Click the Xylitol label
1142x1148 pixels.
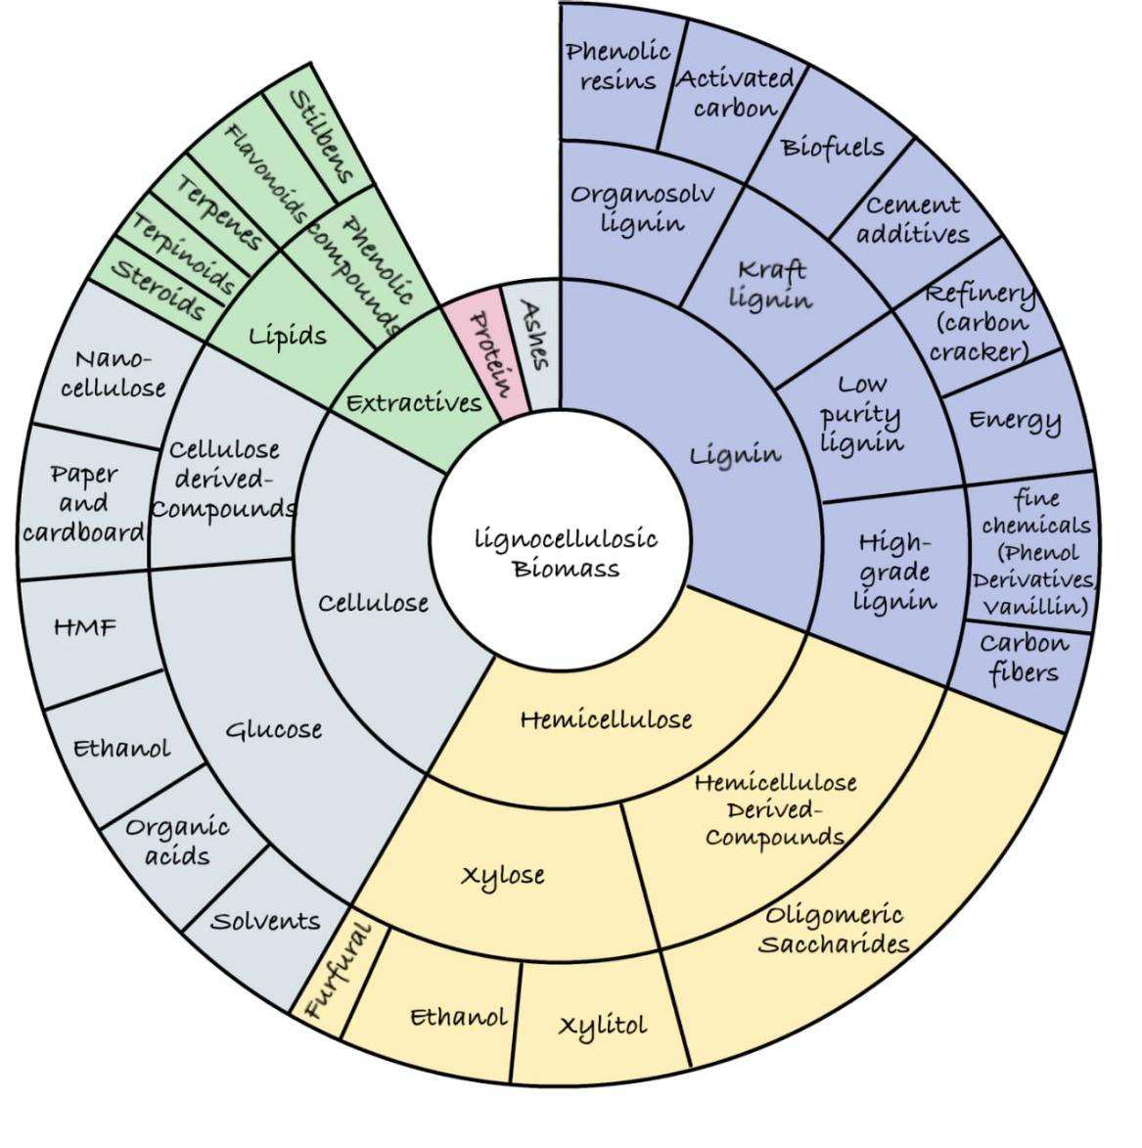(x=602, y=1025)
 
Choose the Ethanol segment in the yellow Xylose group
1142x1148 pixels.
(x=457, y=1016)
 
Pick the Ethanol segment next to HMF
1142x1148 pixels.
(x=121, y=749)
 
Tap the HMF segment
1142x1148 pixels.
(x=85, y=626)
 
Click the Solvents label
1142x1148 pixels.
(x=265, y=921)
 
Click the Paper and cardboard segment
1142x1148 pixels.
(x=84, y=503)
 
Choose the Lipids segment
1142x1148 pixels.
(x=286, y=336)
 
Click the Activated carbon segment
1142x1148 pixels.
(x=735, y=93)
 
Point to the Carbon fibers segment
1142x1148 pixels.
(x=1023, y=658)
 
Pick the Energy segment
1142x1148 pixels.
(x=1015, y=420)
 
